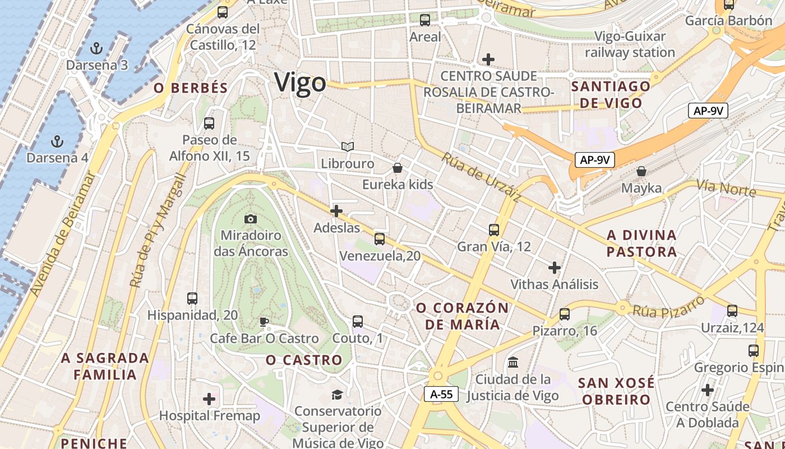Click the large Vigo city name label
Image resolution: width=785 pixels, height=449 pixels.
click(x=300, y=83)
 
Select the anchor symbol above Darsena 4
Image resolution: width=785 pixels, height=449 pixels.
click(x=57, y=140)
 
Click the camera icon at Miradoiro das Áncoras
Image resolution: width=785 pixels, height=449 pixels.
click(x=251, y=218)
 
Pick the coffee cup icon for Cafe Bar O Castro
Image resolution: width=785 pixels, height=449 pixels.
click(x=264, y=322)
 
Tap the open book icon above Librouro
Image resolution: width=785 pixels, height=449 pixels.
click(x=348, y=146)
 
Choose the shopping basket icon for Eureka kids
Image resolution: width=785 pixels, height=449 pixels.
click(x=398, y=167)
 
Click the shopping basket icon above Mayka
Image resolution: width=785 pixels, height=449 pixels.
click(x=641, y=171)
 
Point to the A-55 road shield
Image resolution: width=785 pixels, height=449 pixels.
click(x=441, y=394)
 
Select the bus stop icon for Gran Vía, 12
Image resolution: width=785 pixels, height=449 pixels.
click(x=493, y=230)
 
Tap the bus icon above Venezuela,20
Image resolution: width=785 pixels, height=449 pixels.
click(x=380, y=239)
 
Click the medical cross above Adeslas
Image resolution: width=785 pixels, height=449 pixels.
click(x=336, y=211)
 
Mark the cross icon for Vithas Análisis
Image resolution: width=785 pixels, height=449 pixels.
click(x=555, y=267)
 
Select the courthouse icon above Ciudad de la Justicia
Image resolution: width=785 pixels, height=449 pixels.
click(x=513, y=363)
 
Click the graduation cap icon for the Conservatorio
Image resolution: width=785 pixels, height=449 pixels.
click(x=337, y=395)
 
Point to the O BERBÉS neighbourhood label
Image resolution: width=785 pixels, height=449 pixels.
click(x=191, y=88)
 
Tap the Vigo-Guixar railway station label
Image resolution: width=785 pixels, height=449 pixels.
click(x=630, y=44)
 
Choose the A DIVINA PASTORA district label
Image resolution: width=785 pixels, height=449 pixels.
click(x=641, y=243)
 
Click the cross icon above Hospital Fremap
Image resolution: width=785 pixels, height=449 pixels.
click(x=209, y=399)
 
